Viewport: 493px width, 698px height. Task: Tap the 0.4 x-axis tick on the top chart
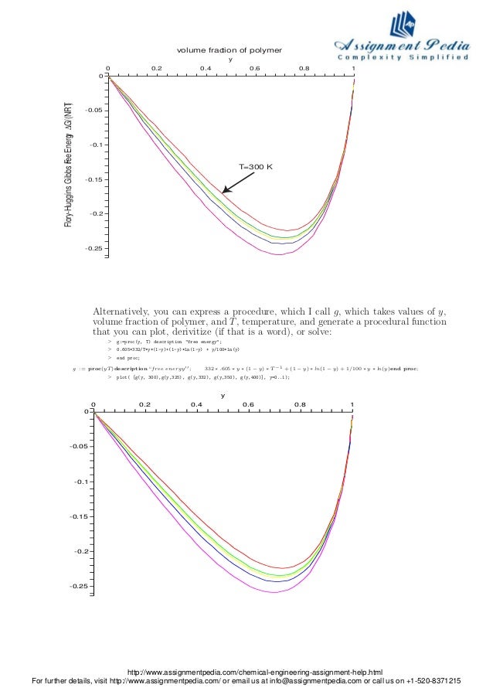(x=206, y=68)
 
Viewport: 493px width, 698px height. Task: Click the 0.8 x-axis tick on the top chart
(x=304, y=68)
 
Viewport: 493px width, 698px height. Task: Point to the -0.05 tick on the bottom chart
(x=76, y=447)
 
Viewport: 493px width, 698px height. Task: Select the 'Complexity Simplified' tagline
(x=403, y=58)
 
